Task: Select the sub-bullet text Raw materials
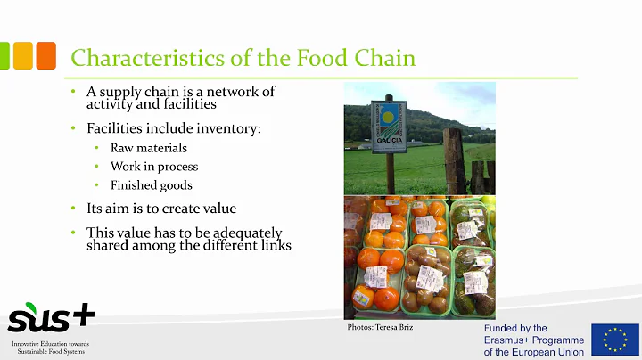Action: pyautogui.click(x=149, y=148)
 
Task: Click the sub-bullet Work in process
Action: pyautogui.click(x=154, y=167)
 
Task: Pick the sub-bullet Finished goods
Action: pyautogui.click(x=152, y=185)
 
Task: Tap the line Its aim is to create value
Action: pyautogui.click(x=161, y=208)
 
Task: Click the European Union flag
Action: pyautogui.click(x=614, y=340)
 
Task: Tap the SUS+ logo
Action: pyautogui.click(x=49, y=317)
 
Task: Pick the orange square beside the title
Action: pyautogui.click(x=46, y=55)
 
